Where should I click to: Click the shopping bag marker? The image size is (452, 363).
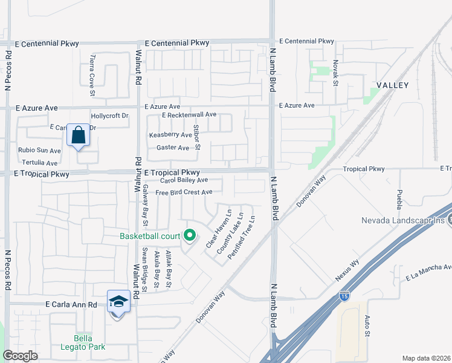[79, 135]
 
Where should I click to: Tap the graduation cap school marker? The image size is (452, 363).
[119, 301]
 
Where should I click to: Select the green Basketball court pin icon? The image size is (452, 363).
[190, 236]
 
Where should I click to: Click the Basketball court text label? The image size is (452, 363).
[150, 236]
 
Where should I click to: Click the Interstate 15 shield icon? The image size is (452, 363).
[344, 296]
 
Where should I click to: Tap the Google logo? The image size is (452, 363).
[21, 356]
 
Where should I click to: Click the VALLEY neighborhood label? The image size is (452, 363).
[393, 86]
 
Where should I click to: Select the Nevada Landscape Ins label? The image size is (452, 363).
[404, 220]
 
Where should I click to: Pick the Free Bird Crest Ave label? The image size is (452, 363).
[184, 192]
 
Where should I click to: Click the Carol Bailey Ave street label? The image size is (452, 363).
[184, 180]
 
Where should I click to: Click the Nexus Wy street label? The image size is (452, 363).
[347, 270]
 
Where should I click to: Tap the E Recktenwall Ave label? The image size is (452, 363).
[189, 114]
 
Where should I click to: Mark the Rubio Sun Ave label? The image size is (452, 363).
[39, 151]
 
